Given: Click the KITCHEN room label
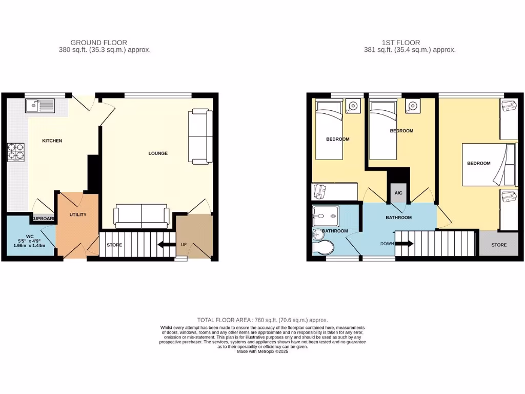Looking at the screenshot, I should [52, 141].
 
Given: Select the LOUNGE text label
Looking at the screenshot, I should [158, 153].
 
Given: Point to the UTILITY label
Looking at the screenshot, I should [78, 214].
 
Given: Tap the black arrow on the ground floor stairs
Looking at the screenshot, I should [166, 245].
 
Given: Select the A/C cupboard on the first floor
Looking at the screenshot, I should [398, 193].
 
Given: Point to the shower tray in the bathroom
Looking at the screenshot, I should [325, 216].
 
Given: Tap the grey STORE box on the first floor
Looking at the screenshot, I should [498, 245].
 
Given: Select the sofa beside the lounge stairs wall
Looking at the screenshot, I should [141, 215].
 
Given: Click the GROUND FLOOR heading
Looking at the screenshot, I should [99, 43].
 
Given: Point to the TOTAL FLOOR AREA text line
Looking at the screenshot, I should [262, 320].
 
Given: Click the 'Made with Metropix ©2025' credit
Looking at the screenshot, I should [262, 351].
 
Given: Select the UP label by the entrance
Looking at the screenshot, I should [184, 244].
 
